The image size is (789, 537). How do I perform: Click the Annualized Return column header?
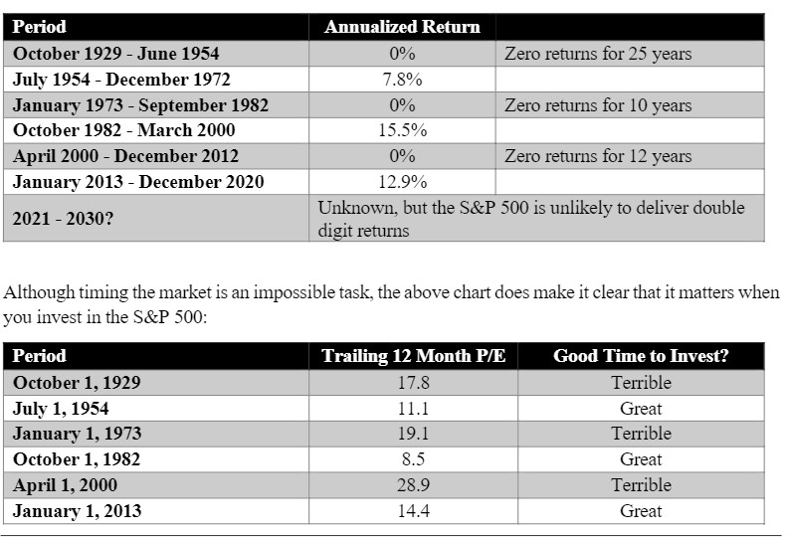402,27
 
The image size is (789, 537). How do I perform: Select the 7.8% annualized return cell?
403,80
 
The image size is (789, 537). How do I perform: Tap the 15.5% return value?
403,130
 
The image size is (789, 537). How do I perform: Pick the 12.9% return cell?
403,181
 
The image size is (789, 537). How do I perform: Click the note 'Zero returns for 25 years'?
598,54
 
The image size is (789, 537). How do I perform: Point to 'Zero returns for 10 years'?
598,104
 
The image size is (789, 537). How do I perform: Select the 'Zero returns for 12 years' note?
598,156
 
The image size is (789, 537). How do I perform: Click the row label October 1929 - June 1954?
116,54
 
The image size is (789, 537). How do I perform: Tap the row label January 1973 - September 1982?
140,104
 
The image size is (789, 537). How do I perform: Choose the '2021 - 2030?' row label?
63,219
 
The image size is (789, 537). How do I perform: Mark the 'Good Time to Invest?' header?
641,356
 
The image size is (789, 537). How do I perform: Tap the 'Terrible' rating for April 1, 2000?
641,485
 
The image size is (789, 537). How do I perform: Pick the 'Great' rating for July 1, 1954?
641,409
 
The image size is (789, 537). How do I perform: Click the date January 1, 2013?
77,511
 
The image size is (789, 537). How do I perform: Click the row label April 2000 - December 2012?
125,156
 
